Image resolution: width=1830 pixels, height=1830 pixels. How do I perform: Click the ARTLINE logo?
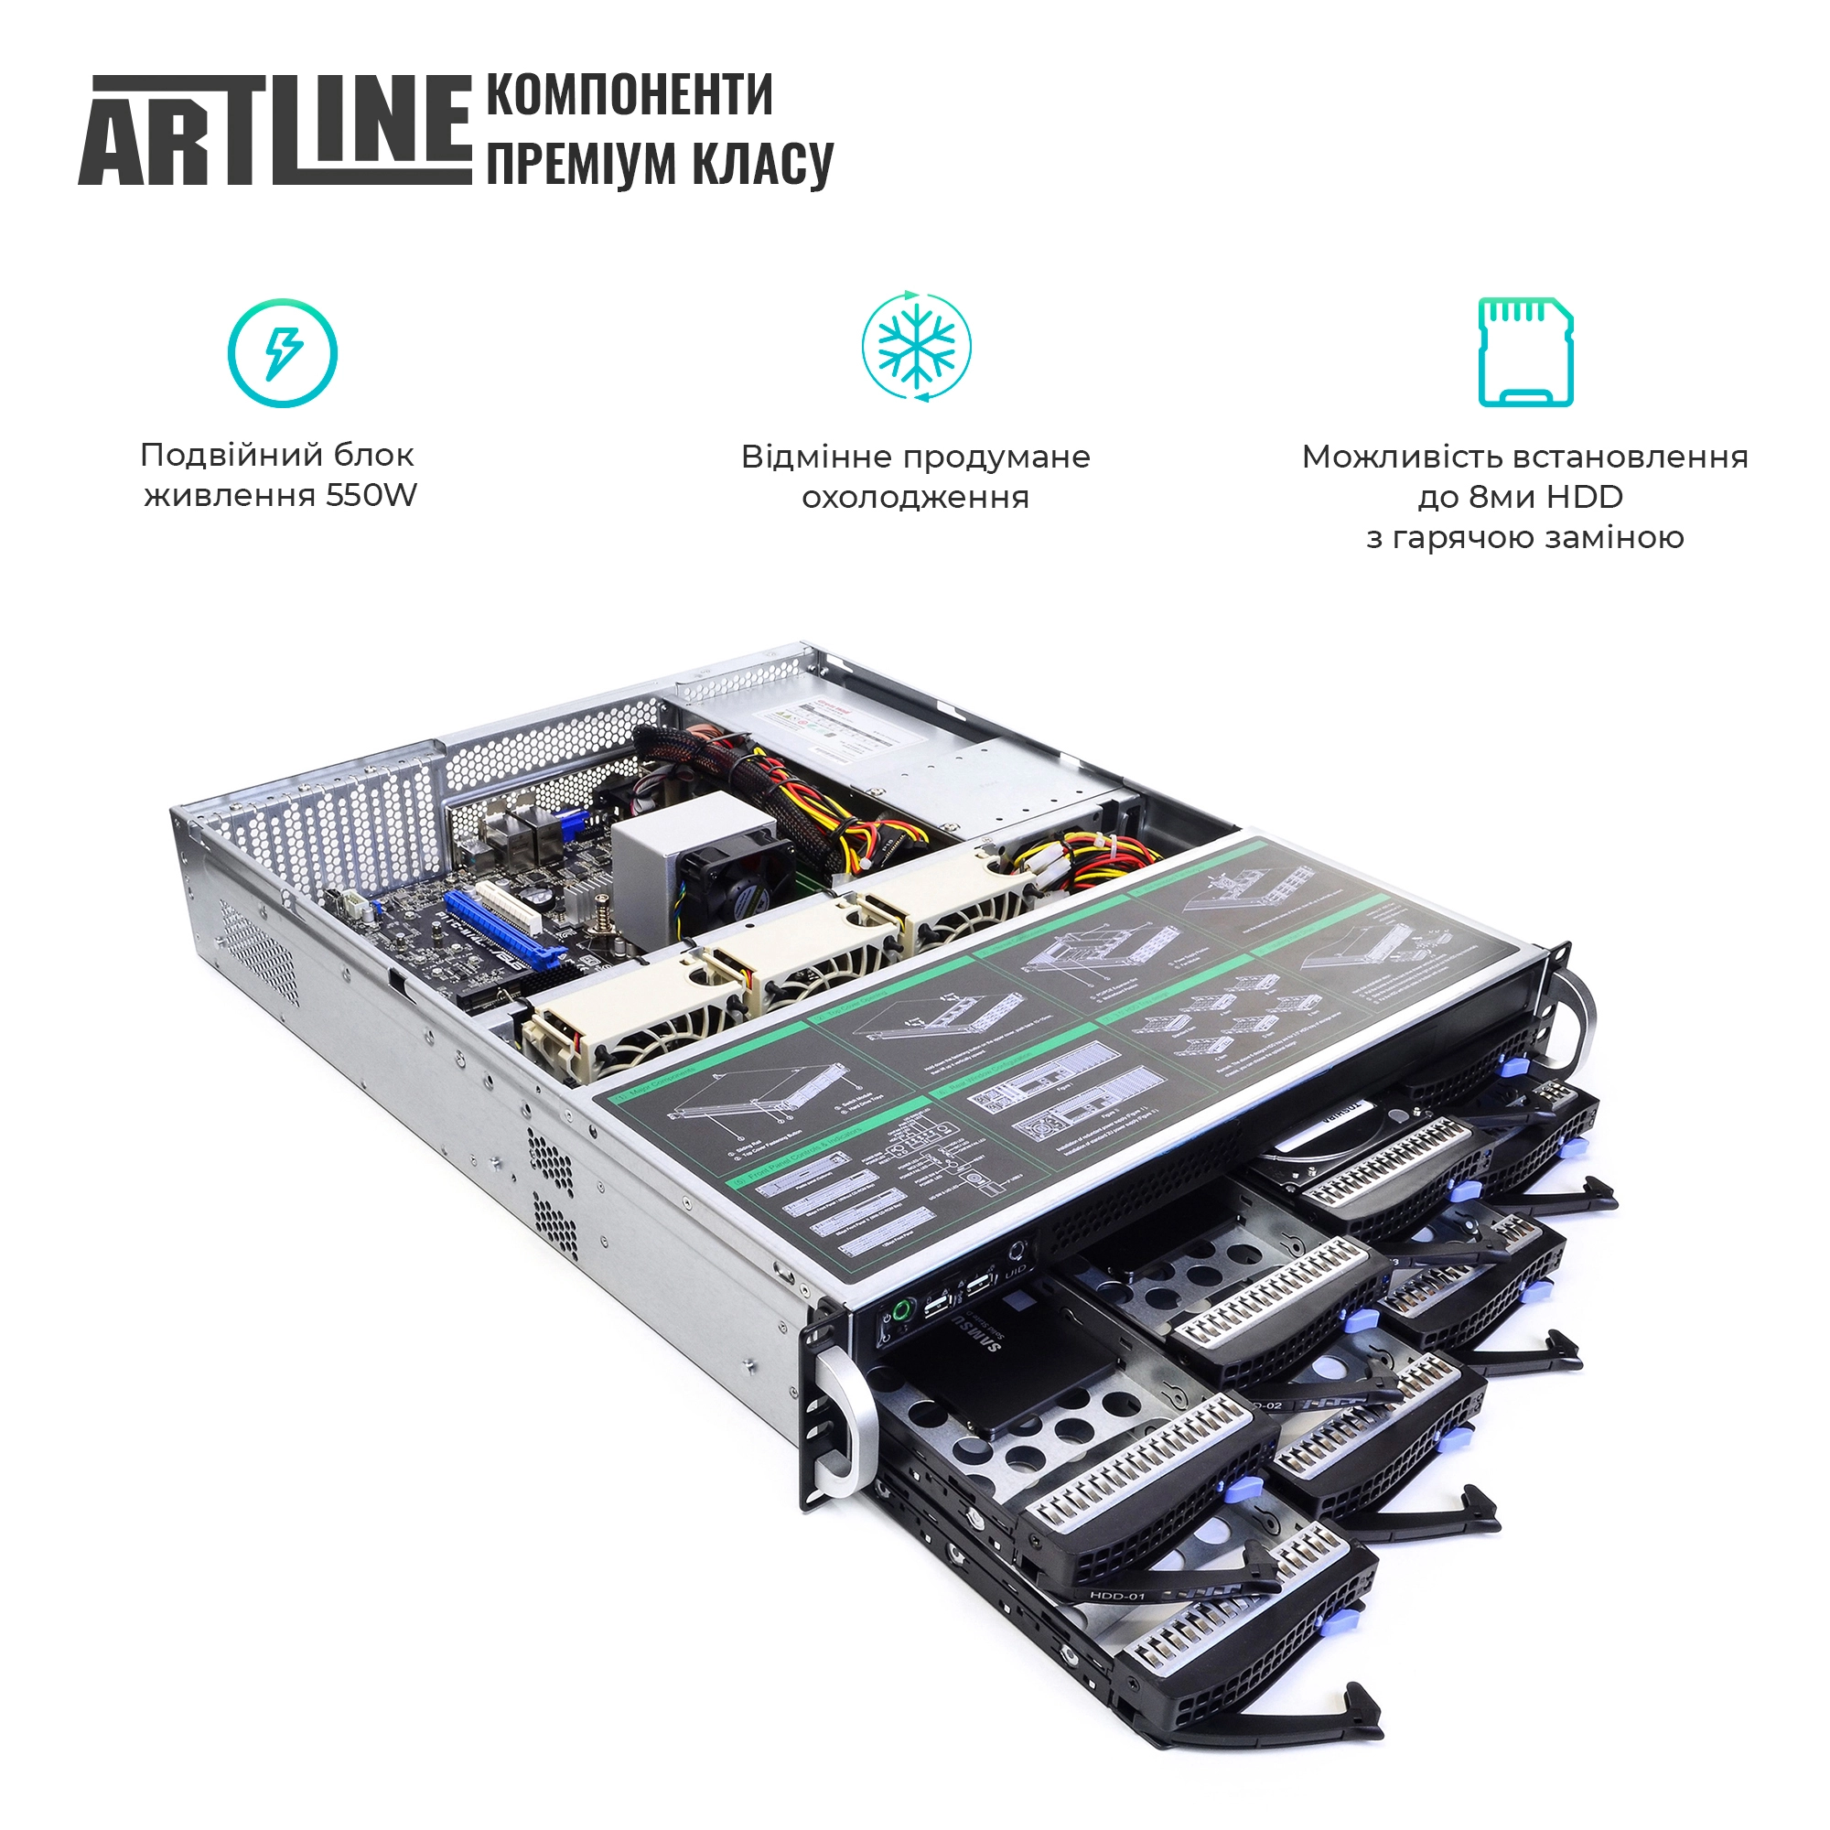pos(274,130)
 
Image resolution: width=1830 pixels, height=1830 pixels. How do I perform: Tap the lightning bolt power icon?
pos(282,353)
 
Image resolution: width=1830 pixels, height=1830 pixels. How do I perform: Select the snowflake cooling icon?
pos(916,346)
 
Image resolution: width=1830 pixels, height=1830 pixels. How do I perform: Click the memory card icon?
pos(1525,352)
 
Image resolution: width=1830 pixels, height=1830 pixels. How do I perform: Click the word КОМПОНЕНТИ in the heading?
pos(629,96)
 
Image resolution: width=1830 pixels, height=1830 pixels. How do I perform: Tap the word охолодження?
pos(915,497)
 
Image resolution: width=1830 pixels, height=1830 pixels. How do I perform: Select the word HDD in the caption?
pos(1586,496)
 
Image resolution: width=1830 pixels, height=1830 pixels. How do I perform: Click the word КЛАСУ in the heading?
pos(762,164)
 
